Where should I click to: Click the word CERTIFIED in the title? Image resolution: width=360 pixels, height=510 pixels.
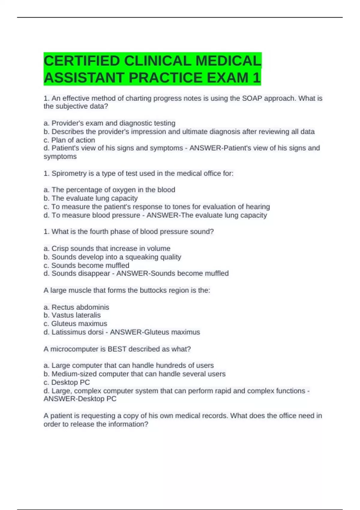coord(82,61)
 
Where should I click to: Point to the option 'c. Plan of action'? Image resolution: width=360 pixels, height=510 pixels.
coord(69,140)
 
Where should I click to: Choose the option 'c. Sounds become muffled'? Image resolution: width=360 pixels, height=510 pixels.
coord(86,265)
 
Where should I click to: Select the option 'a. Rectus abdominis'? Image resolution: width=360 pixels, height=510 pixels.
coord(76,307)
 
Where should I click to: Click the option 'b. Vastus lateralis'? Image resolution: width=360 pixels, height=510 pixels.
coord(72,315)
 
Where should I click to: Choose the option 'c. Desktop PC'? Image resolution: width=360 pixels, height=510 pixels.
coord(67,382)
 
